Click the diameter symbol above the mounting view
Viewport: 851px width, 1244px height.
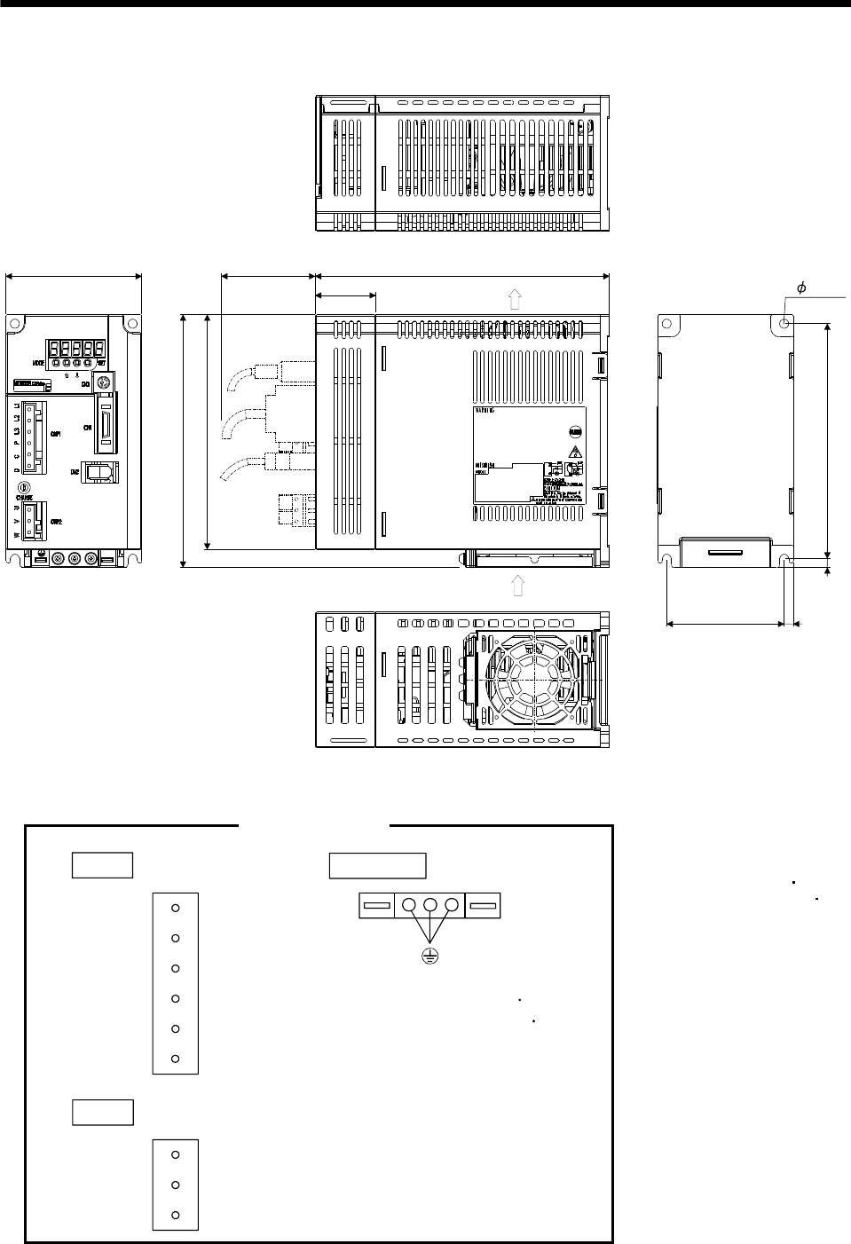point(801,287)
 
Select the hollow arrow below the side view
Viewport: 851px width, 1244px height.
point(518,585)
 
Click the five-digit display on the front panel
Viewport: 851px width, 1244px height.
point(77,348)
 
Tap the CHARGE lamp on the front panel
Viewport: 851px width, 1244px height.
point(25,487)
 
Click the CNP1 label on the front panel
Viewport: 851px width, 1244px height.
point(56,434)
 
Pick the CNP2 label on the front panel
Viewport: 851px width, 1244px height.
point(56,521)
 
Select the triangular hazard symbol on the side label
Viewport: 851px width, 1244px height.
point(574,453)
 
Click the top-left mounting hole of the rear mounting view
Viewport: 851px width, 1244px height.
point(671,326)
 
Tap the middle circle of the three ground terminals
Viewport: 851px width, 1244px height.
point(430,906)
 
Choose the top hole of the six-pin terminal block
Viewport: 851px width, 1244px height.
point(176,908)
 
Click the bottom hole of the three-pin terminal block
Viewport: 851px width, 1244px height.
point(176,1215)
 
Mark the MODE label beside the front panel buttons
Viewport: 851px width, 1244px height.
point(39,363)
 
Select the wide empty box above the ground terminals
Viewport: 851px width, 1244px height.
point(377,865)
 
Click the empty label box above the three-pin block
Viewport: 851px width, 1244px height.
point(102,1111)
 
